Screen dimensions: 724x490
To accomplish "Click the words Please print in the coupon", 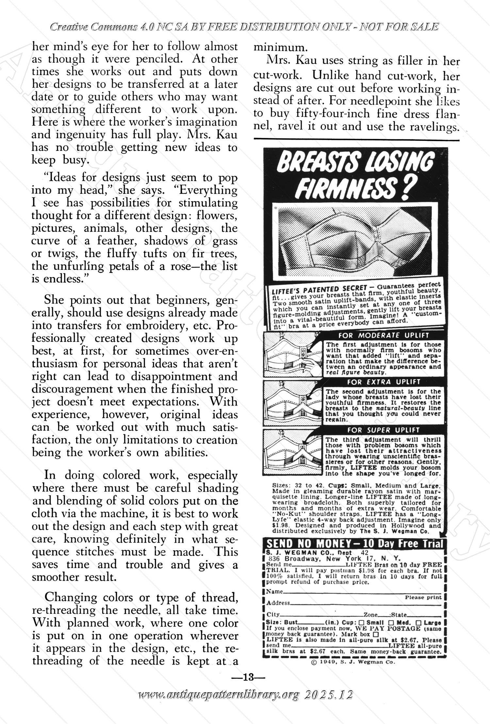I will tap(423, 597).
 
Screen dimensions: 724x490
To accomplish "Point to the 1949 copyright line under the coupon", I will tap(354, 662).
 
